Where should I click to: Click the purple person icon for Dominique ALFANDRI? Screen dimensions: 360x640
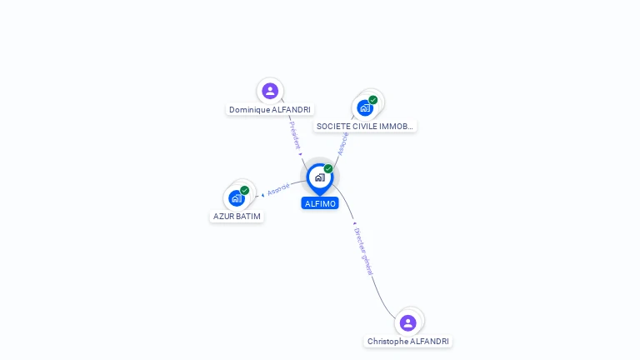(x=269, y=91)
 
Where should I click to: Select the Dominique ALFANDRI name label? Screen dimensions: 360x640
(x=270, y=109)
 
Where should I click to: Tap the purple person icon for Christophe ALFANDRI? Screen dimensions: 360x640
(x=407, y=322)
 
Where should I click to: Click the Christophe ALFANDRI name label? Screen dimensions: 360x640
(x=408, y=342)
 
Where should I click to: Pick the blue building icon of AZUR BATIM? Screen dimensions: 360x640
(x=237, y=198)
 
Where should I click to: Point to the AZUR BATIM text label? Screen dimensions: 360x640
(x=237, y=217)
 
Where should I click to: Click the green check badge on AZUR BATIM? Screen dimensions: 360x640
(x=245, y=190)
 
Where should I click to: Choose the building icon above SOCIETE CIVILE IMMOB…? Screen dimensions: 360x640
(x=364, y=107)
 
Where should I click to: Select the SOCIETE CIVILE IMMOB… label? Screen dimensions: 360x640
(x=365, y=127)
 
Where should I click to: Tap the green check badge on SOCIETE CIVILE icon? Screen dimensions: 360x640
(x=373, y=100)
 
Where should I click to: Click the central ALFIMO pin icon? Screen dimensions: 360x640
(x=319, y=177)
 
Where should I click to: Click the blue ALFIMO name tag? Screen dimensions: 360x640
(x=320, y=203)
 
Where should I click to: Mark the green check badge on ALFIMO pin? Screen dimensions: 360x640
(x=328, y=169)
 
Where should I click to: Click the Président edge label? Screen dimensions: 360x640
(x=294, y=134)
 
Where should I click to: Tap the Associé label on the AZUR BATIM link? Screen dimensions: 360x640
(x=278, y=189)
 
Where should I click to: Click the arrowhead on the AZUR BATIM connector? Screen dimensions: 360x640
(x=263, y=195)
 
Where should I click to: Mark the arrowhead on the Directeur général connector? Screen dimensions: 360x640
(x=354, y=222)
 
